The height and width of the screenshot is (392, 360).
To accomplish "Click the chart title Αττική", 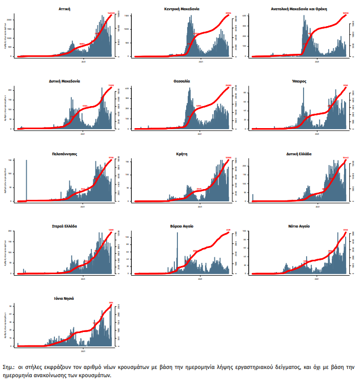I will pyautogui.click(x=65, y=9).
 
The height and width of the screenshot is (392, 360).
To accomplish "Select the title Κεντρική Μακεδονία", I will pyautogui.click(x=182, y=9).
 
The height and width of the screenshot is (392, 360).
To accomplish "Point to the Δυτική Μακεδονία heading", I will pyautogui.click(x=65, y=81).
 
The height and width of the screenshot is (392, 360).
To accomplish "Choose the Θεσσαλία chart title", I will pyautogui.click(x=182, y=81).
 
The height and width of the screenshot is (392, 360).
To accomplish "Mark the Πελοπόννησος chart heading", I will pyautogui.click(x=65, y=153).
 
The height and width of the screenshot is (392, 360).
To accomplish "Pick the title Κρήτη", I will pyautogui.click(x=182, y=153).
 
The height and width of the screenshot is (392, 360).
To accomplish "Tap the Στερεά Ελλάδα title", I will pyautogui.click(x=65, y=225).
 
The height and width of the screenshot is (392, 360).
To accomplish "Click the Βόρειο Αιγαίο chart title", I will pyautogui.click(x=182, y=225).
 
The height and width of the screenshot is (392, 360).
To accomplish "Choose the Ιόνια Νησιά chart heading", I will pyautogui.click(x=65, y=298).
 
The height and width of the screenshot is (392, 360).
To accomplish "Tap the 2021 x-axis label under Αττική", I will pyautogui.click(x=84, y=61).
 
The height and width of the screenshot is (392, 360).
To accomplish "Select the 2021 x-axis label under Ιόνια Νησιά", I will pyautogui.click(x=84, y=351).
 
